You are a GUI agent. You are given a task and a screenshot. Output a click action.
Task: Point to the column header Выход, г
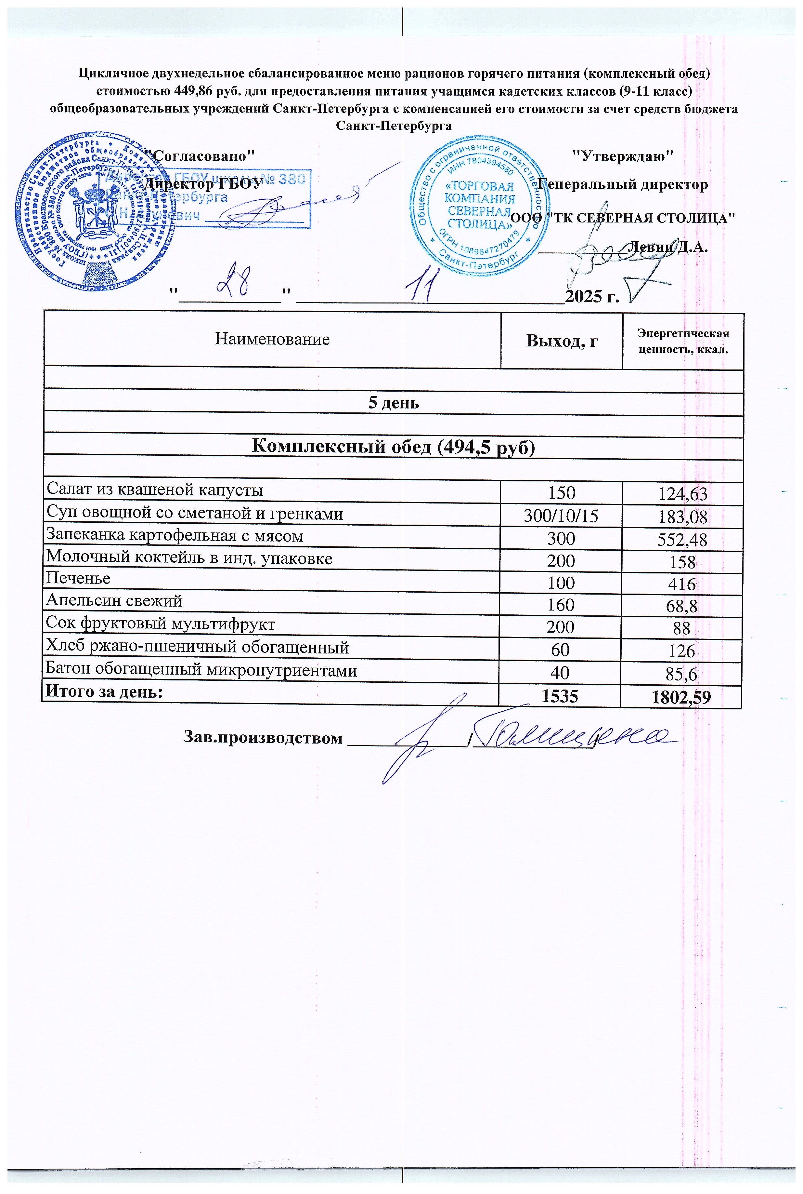tap(562, 341)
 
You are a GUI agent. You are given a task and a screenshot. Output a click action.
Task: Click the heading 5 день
tap(393, 403)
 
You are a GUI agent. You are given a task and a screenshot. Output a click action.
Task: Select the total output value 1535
tap(560, 696)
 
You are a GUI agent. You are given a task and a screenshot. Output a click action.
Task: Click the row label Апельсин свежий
tap(114, 601)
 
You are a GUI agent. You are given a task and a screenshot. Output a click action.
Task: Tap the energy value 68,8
tap(683, 607)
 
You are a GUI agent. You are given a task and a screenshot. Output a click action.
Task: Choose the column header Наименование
tap(272, 339)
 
